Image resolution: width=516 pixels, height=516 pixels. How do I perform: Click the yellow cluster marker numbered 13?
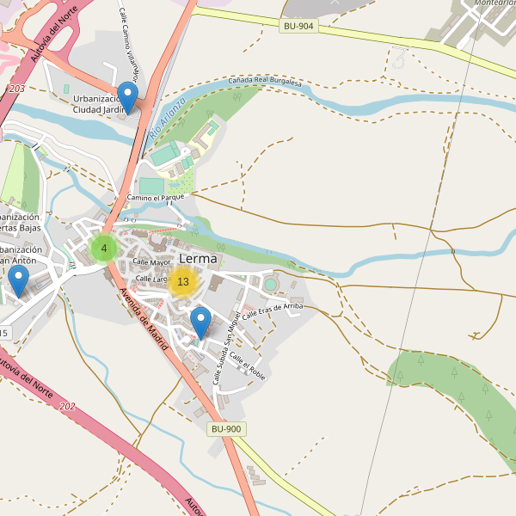pyautogui.click(x=182, y=281)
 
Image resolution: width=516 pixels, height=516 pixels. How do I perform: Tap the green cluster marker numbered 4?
pyautogui.click(x=104, y=249)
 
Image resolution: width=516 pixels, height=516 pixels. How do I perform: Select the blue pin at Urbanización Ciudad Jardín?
pyautogui.click(x=127, y=97)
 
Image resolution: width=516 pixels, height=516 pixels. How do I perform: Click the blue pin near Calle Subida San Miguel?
pyautogui.click(x=200, y=323)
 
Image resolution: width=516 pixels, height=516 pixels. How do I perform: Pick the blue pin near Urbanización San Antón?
pyautogui.click(x=18, y=281)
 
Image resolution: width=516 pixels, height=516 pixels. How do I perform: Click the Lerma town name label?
pyautogui.click(x=200, y=258)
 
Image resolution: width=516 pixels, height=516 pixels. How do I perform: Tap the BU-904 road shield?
pyautogui.click(x=299, y=27)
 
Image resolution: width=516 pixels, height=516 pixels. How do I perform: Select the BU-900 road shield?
pyautogui.click(x=227, y=428)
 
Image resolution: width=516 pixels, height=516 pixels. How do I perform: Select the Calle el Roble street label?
pyautogui.click(x=248, y=366)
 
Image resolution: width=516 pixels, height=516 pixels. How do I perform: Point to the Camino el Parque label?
pyautogui.click(x=156, y=198)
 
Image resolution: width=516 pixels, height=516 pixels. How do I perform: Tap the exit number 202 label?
pyautogui.click(x=69, y=406)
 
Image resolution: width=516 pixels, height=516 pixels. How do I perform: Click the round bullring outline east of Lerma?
pyautogui.click(x=271, y=284)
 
